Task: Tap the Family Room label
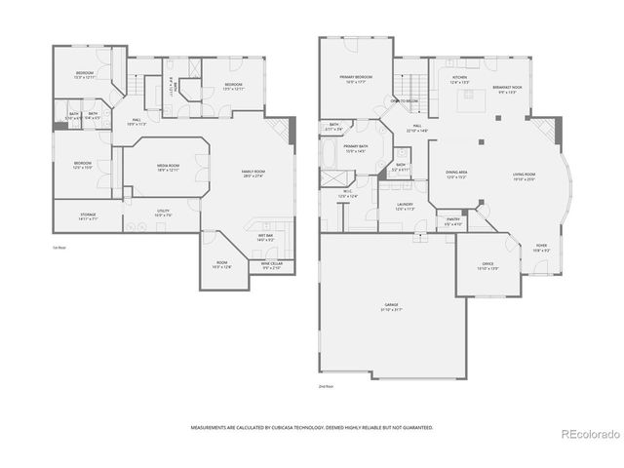(253, 174)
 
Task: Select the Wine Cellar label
(270, 264)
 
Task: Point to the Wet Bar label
(265, 237)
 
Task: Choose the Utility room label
(164, 213)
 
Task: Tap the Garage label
(391, 307)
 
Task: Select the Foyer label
(541, 248)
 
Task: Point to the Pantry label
(453, 222)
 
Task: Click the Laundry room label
(406, 207)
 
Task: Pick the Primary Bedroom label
(358, 80)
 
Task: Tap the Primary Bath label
(355, 148)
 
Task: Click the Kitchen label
(459, 80)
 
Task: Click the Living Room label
(525, 177)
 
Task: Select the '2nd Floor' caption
(326, 387)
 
